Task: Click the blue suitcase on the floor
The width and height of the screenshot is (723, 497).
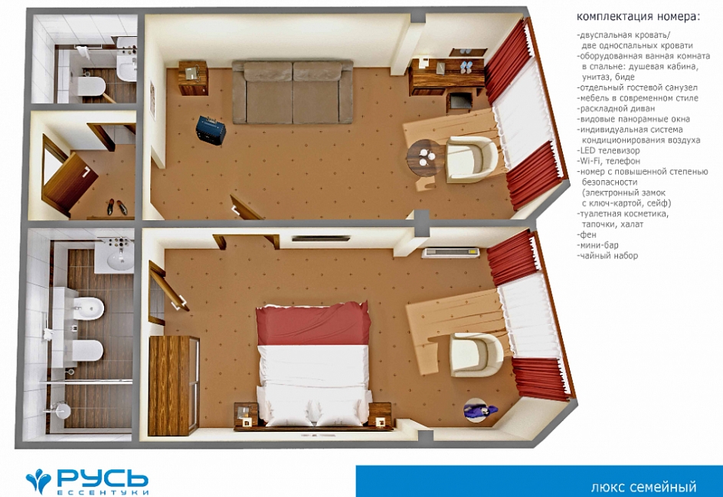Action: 211,130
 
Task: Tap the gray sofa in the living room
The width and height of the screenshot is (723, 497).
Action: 293,91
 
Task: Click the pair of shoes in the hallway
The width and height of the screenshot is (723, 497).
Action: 116,207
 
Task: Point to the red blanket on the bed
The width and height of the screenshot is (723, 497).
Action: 313,324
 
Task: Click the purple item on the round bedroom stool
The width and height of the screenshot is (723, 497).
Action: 480,410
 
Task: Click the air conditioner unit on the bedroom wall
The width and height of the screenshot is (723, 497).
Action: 452,252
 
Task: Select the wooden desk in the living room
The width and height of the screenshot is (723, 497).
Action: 447,76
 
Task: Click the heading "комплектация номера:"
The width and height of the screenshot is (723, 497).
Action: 638,17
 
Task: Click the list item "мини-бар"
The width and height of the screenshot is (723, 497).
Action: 597,245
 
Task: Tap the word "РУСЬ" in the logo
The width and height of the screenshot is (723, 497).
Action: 103,479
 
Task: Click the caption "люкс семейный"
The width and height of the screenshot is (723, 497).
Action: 643,487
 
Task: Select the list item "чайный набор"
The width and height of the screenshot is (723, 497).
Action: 607,256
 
